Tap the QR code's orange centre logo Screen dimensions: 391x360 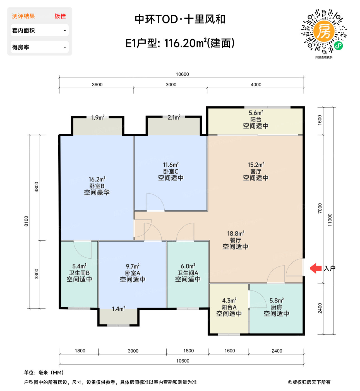coord(324,31)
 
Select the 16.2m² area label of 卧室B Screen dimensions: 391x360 coord(97,179)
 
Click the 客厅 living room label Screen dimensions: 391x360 coord(256,171)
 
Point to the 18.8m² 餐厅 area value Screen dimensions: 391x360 coord(236,233)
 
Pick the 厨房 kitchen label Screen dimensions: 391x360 coord(276,307)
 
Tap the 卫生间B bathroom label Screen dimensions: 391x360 coord(79,273)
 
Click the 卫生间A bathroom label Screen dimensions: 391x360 coord(188,273)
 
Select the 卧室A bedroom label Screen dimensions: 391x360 coord(133,273)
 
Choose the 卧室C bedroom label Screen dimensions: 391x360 coord(171,171)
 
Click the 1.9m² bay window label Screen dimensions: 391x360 coord(98,118)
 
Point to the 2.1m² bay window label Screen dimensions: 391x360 coord(174,118)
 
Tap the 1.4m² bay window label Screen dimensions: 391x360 coord(118,309)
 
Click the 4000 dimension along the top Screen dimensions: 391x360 coord(256,85)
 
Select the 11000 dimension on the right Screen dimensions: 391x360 coord(330,220)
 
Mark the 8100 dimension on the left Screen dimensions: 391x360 coord(26,221)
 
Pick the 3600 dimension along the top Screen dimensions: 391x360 coord(97,85)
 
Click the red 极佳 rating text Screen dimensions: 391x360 coord(60,16)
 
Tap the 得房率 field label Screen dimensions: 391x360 coord(21,47)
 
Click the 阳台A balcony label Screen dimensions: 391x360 coord(229,307)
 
